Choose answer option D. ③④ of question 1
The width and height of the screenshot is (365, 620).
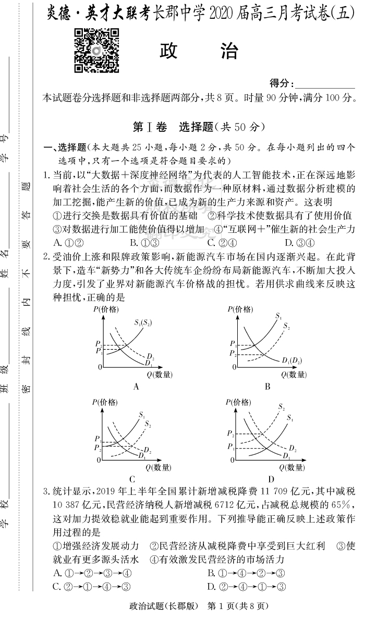299,242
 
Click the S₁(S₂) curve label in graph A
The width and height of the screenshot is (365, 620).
142,323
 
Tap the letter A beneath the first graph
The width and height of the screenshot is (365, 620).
136,386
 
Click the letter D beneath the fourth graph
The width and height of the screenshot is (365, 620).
271,479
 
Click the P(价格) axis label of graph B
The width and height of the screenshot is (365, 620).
240,309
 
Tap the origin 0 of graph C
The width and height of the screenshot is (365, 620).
99,461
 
